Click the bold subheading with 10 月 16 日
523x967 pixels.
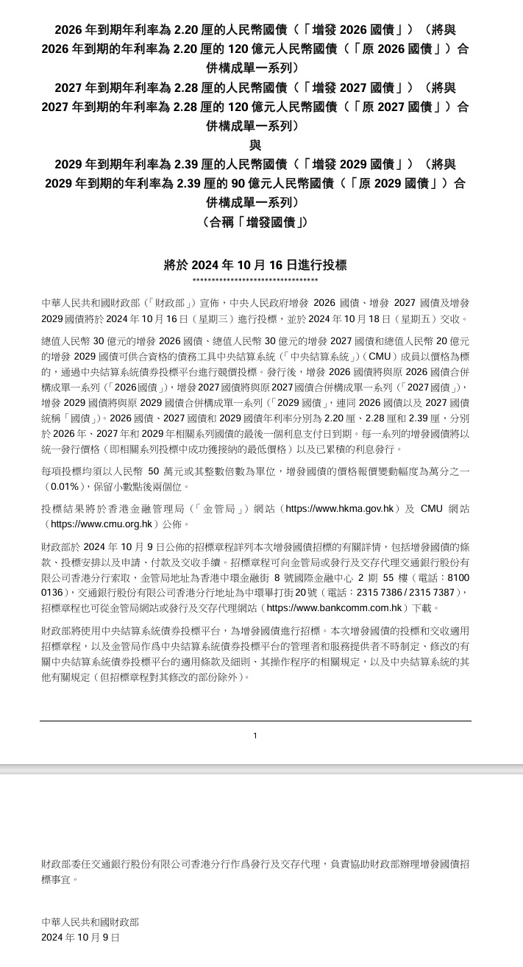[x=255, y=265]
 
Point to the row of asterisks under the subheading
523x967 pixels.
[x=255, y=281]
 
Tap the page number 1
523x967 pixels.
[x=255, y=735]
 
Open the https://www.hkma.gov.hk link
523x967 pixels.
[x=344, y=508]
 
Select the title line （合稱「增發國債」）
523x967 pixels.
[x=255, y=221]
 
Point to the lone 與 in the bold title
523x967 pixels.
[x=255, y=145]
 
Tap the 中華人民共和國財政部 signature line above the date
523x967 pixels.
[x=90, y=921]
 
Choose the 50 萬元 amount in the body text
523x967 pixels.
[x=173, y=471]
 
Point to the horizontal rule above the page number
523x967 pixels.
[x=255, y=721]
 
